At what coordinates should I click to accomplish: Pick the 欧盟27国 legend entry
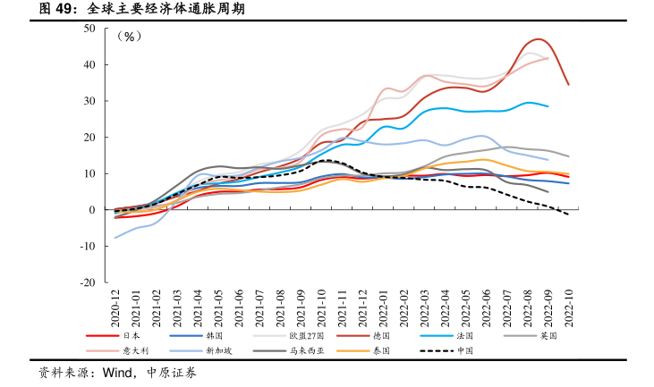tap(302, 336)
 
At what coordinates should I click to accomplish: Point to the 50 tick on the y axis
tap(89, 29)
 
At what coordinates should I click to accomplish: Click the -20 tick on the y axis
tap(88, 282)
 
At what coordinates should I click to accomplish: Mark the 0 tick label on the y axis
tap(92, 210)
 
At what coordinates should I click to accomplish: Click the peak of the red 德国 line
tap(539, 39)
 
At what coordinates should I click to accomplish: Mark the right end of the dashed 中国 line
tap(568, 215)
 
